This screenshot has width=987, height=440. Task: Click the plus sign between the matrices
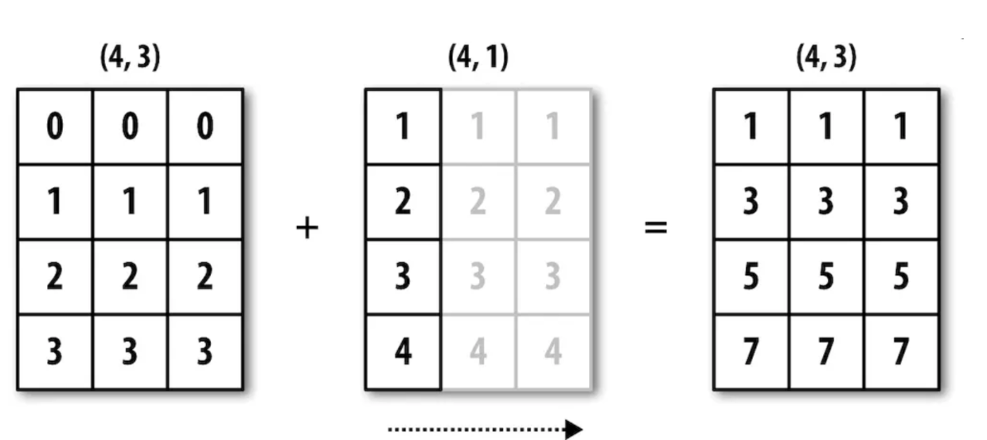click(306, 230)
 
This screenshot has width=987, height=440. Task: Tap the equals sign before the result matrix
click(655, 230)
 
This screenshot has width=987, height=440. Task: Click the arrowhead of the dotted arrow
click(573, 430)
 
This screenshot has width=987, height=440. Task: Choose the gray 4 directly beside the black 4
click(478, 352)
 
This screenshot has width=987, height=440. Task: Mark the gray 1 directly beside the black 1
click(478, 127)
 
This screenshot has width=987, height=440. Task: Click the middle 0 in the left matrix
click(130, 127)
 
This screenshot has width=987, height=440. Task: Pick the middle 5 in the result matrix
click(825, 277)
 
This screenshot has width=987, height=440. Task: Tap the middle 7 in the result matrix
click(825, 352)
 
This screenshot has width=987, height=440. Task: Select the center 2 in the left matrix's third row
click(130, 277)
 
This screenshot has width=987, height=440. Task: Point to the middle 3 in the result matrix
click(825, 202)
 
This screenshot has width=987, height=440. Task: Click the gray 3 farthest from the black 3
click(552, 277)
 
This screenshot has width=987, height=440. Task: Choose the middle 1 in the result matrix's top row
click(825, 127)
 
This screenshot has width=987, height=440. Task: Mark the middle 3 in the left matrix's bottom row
click(130, 352)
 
